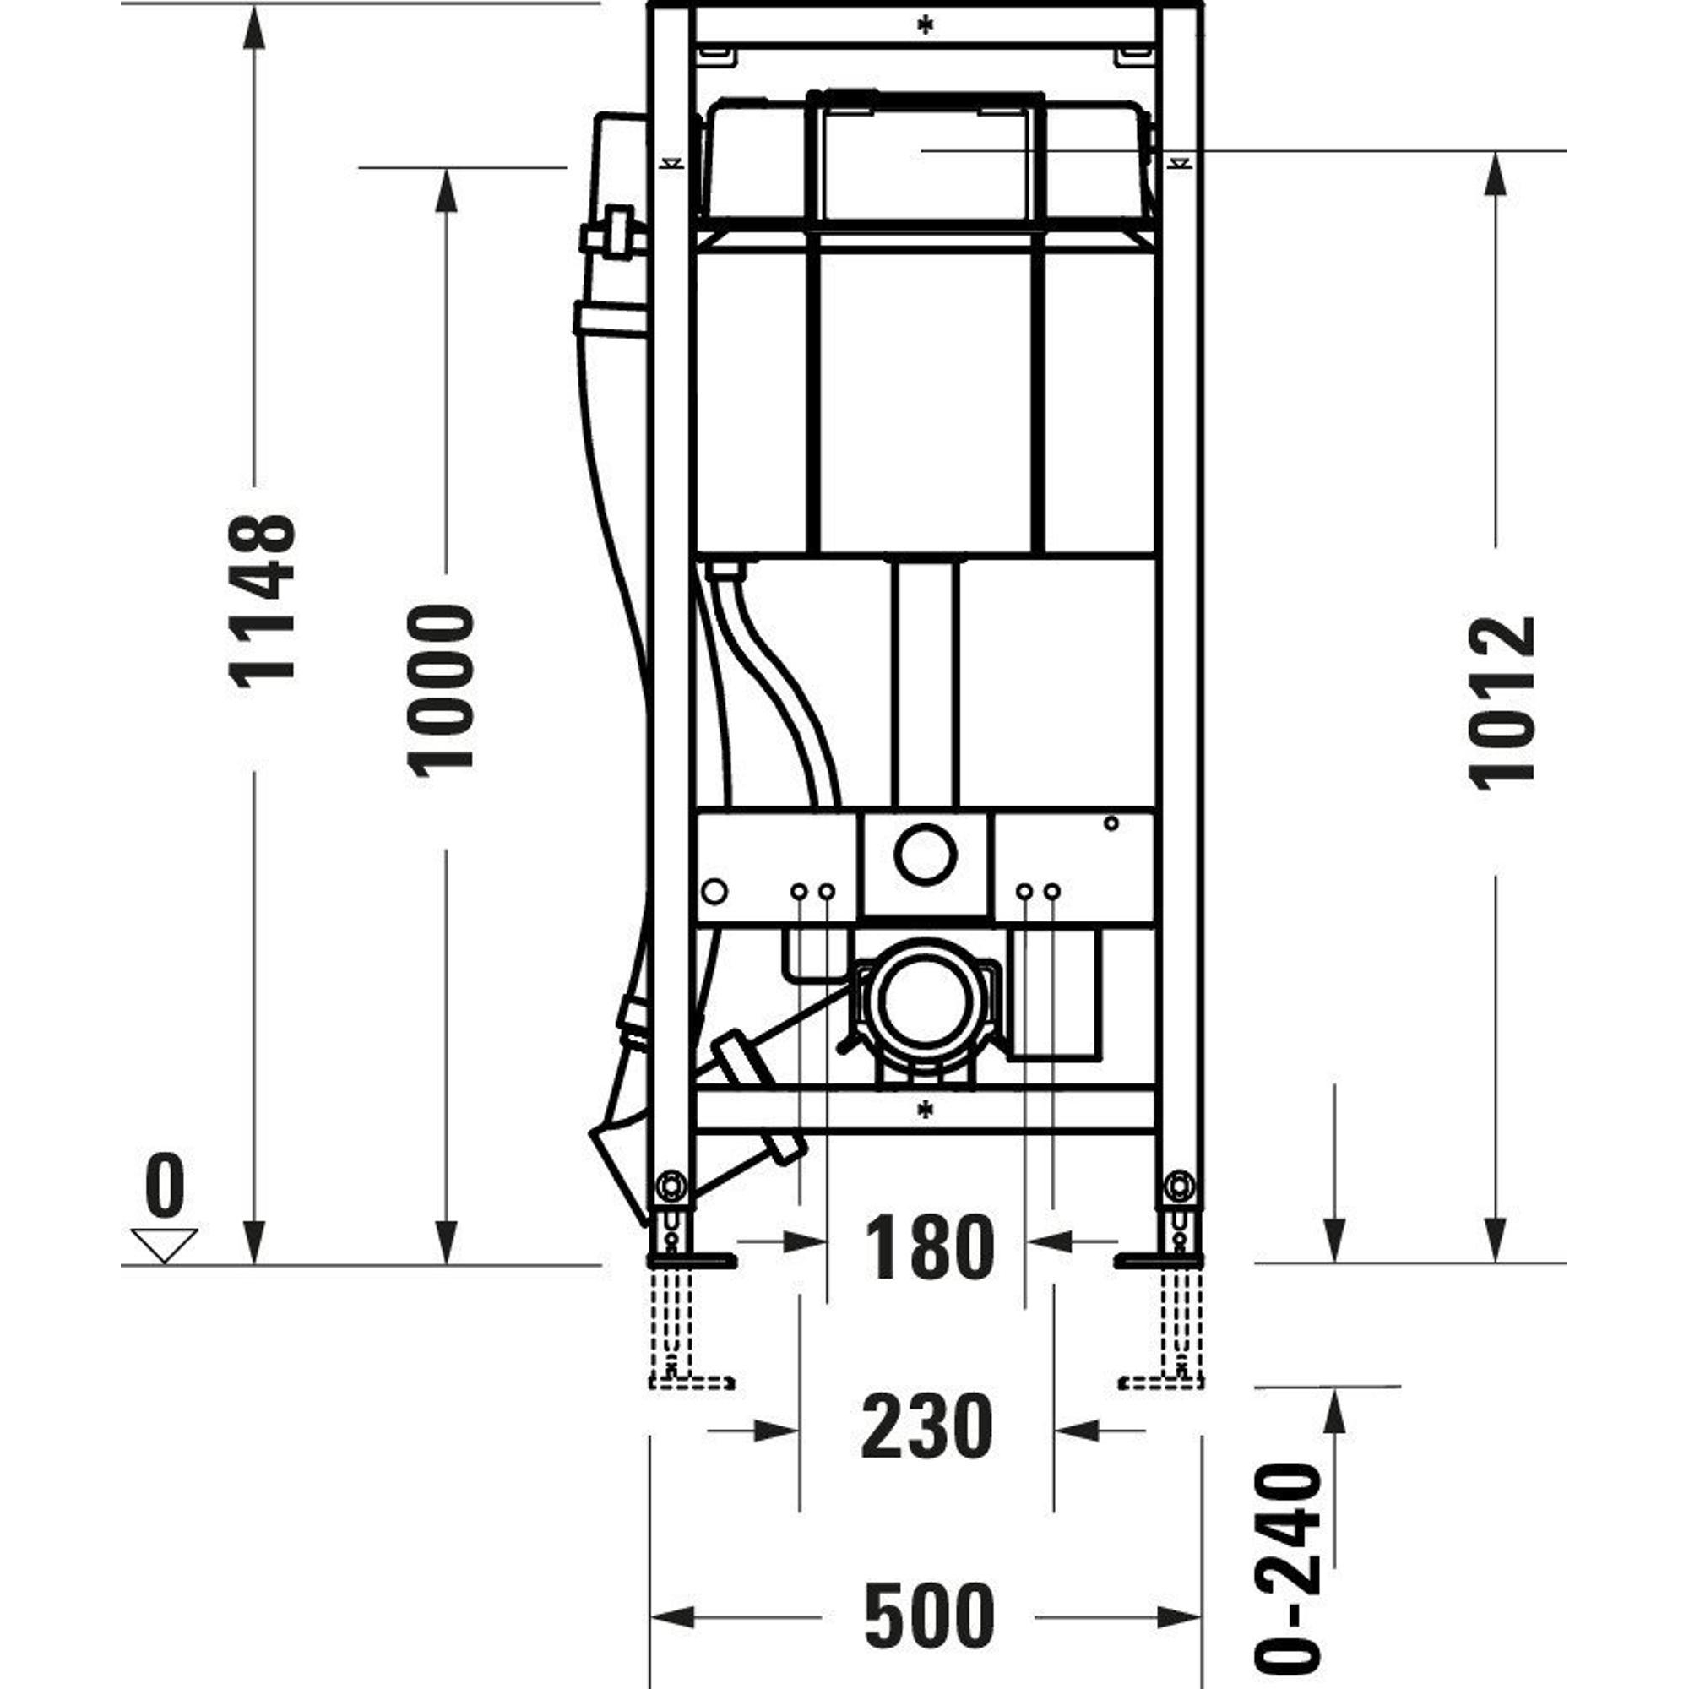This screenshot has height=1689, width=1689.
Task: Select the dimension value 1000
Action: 441,691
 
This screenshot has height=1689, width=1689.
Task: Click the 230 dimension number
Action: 927,1426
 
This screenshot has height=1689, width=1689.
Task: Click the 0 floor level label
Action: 165,1186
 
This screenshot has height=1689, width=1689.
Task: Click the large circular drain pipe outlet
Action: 925,1002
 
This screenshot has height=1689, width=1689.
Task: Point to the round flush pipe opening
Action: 925,853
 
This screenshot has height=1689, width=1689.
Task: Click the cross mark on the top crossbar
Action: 925,25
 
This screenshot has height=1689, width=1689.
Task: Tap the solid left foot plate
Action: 691,1260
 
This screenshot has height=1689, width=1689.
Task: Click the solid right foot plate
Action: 1159,1260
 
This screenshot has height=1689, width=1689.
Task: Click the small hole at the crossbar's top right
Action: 1111,823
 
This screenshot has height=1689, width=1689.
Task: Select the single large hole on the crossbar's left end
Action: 714,892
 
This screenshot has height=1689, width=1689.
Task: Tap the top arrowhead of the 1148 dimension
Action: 253,31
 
